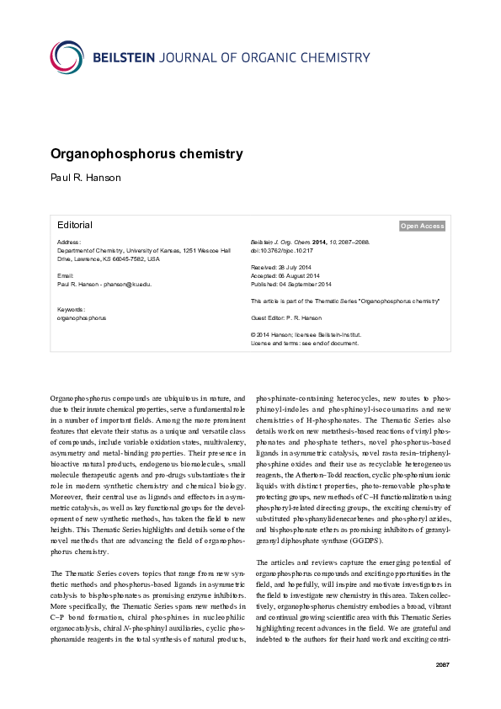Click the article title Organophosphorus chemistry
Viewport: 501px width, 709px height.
(x=147, y=154)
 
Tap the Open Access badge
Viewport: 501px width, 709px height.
(x=422, y=226)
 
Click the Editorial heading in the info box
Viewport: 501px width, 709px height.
(x=75, y=225)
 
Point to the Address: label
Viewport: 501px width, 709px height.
(x=69, y=243)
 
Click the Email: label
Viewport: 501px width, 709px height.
(x=65, y=276)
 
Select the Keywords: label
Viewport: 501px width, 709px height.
(x=72, y=310)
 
